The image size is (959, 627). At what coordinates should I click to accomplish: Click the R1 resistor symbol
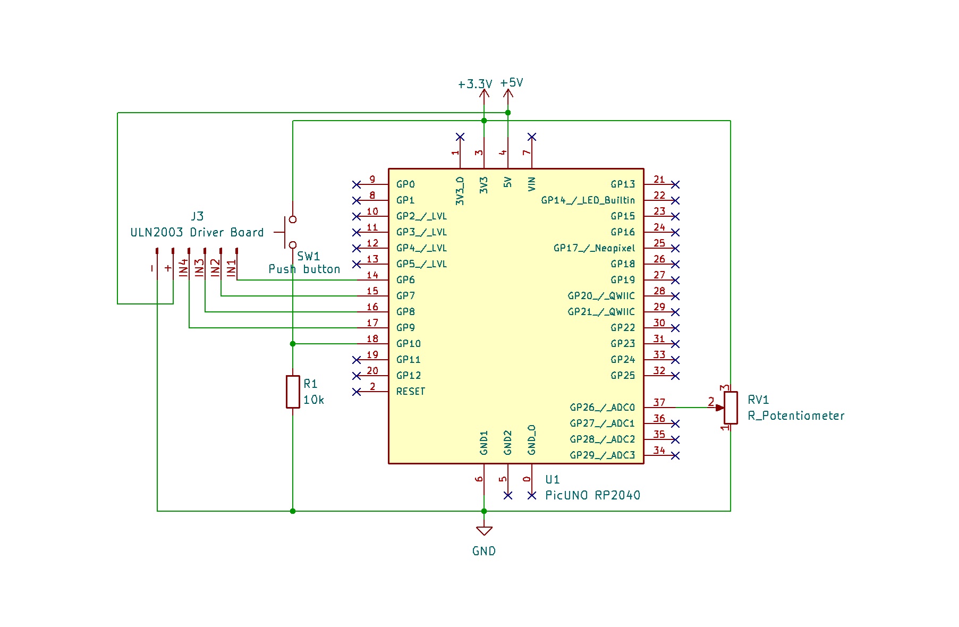(293, 392)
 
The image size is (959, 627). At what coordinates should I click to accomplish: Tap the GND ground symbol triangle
(484, 531)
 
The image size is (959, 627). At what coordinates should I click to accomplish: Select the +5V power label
(512, 83)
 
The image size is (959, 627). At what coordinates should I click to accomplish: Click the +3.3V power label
(475, 84)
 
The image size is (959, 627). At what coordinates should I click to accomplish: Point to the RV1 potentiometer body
(731, 408)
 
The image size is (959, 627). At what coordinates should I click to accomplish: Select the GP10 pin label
(409, 344)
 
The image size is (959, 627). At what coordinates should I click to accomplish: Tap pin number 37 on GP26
(659, 403)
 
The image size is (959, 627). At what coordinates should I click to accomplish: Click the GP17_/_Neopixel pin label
(594, 248)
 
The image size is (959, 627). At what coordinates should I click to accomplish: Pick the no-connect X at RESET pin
(357, 392)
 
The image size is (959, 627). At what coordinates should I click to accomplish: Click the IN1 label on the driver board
(232, 268)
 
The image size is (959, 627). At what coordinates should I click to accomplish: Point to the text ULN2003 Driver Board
(197, 233)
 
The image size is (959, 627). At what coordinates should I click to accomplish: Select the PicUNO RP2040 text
(593, 495)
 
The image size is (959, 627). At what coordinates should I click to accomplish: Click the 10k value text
(313, 400)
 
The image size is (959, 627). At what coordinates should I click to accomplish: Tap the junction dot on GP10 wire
(293, 344)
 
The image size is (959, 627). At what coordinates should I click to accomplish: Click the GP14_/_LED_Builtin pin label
(588, 200)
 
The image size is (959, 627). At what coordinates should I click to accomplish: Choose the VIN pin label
(532, 184)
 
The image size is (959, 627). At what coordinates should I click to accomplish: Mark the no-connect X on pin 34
(675, 455)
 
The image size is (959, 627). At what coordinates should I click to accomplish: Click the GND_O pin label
(532, 440)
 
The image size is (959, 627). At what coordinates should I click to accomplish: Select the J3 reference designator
(197, 216)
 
